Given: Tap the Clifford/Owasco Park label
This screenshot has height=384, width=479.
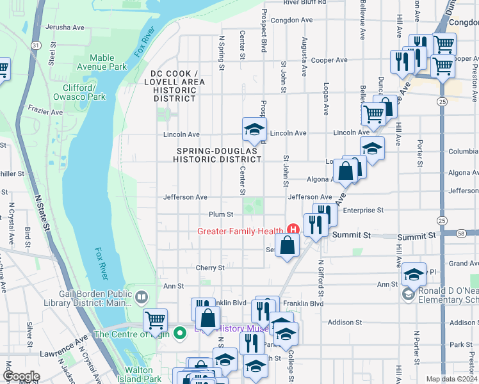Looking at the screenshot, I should tap(83, 92).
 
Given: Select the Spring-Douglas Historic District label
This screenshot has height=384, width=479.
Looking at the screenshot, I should tap(219, 155).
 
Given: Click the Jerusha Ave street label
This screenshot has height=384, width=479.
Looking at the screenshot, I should tap(65, 28).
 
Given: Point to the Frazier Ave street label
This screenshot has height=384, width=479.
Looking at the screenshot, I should tap(46, 111).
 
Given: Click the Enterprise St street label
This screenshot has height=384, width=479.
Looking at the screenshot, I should tap(362, 210).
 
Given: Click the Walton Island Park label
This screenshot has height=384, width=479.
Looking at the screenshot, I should tap(143, 374).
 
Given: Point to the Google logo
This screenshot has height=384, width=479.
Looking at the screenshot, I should tap(21, 377).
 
